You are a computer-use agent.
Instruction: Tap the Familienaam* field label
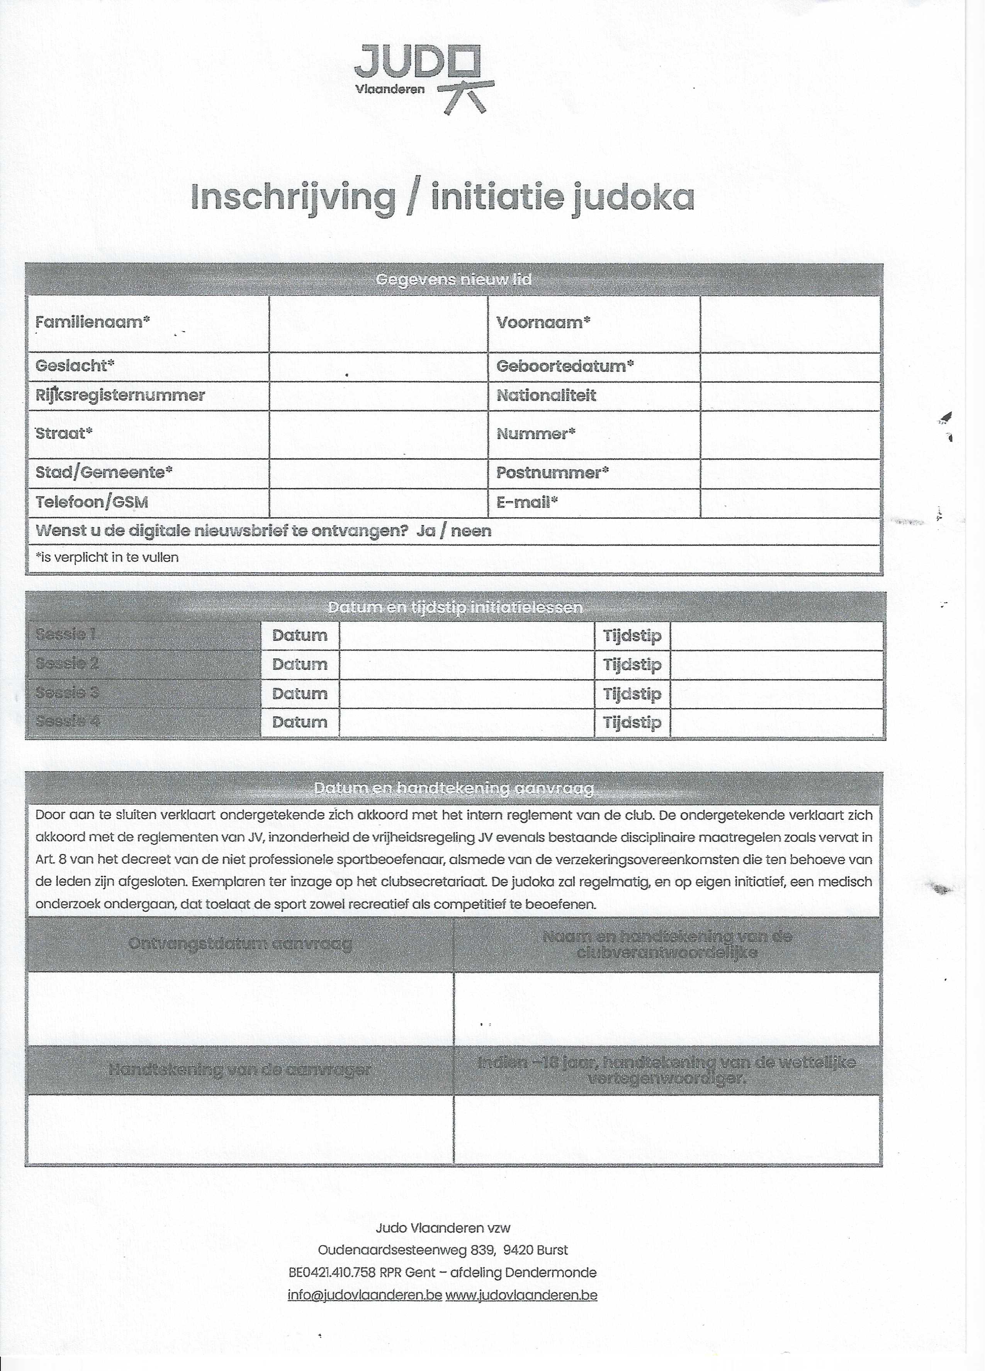coord(92,322)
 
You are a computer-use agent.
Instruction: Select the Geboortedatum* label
coord(564,366)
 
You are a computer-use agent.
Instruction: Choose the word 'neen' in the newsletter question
coord(471,531)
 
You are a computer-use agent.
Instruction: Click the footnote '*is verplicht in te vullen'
coord(107,557)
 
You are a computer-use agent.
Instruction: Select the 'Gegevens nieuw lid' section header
coord(453,279)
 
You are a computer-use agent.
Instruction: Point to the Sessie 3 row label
coord(67,693)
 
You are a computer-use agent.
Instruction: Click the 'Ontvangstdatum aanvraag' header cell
coord(240,944)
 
